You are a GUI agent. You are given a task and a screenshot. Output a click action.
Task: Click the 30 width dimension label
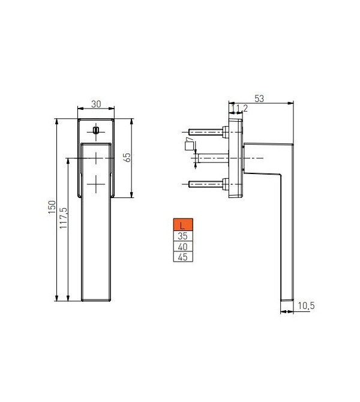96,104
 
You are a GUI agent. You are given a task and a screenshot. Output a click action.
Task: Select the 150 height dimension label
52,207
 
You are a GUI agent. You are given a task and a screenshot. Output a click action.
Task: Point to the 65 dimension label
127,158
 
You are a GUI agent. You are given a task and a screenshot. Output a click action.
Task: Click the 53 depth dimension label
259,99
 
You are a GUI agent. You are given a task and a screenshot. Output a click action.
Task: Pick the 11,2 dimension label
241,109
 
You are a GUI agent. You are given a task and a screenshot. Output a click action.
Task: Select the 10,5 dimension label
306,305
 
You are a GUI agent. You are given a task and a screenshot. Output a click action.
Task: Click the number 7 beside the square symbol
190,139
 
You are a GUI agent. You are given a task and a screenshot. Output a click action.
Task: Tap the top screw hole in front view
96,130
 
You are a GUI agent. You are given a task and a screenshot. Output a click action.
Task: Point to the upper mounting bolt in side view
206,131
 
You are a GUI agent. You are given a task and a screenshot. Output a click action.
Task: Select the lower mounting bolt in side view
206,184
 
